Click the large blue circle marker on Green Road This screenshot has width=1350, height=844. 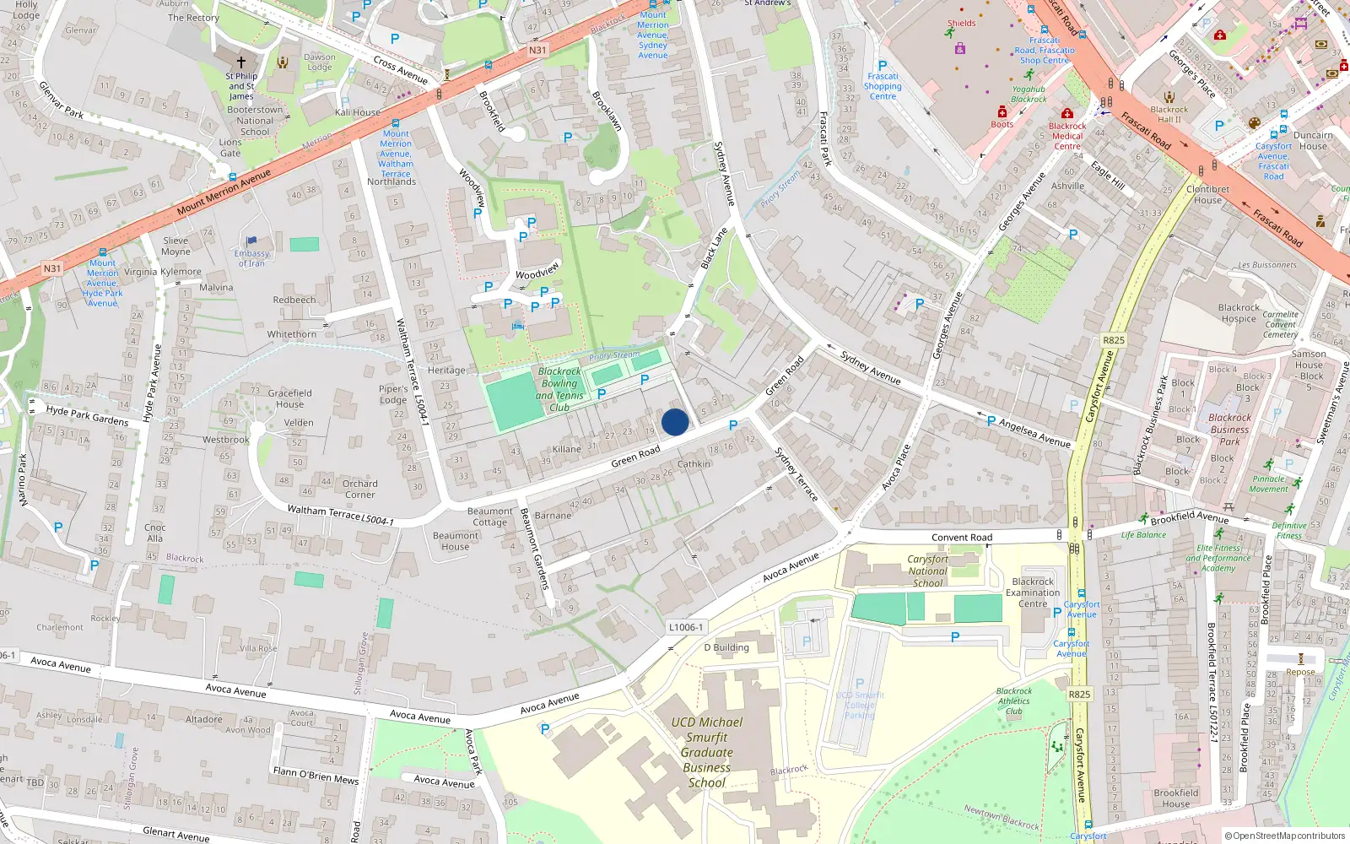(675, 422)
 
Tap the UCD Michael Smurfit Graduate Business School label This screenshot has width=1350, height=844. (707, 752)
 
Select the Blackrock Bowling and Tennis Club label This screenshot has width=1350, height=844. (559, 389)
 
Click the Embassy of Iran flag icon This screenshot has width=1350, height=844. (251, 241)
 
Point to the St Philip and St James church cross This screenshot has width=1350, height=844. (241, 62)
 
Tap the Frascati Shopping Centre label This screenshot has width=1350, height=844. (883, 86)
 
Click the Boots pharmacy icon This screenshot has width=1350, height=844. (1002, 111)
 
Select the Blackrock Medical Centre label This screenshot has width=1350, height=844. (1067, 136)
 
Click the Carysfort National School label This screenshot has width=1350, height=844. (927, 571)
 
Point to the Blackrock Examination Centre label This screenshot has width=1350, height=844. (1033, 592)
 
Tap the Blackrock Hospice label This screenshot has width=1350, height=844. (1239, 313)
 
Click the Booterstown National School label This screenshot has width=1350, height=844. (255, 121)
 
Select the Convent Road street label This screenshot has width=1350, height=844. (962, 538)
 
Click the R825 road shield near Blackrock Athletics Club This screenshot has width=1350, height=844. (1079, 695)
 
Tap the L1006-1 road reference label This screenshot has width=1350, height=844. (685, 627)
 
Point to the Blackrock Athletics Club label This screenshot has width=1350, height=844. (1013, 701)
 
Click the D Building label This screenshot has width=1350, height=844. (726, 647)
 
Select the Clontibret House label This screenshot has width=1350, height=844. (1207, 195)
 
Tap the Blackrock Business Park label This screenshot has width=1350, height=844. (1229, 429)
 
